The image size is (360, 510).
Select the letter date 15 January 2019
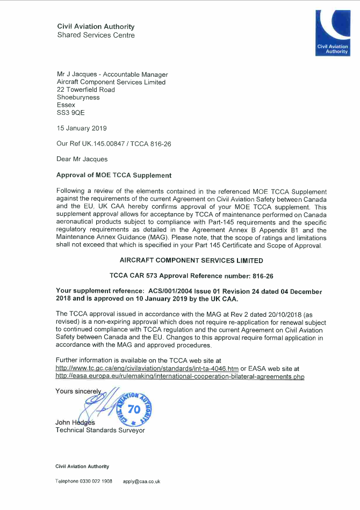(x=82, y=128)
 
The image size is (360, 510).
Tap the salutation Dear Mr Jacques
(x=82, y=159)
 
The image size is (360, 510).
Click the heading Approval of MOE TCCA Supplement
(x=114, y=175)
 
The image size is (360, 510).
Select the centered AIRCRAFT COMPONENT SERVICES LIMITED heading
(x=191, y=260)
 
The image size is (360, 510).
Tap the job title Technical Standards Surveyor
(x=100, y=431)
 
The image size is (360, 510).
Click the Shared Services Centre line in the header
(x=96, y=35)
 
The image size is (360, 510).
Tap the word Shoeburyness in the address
(x=78, y=98)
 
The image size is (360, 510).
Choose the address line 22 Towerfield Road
(x=85, y=90)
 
